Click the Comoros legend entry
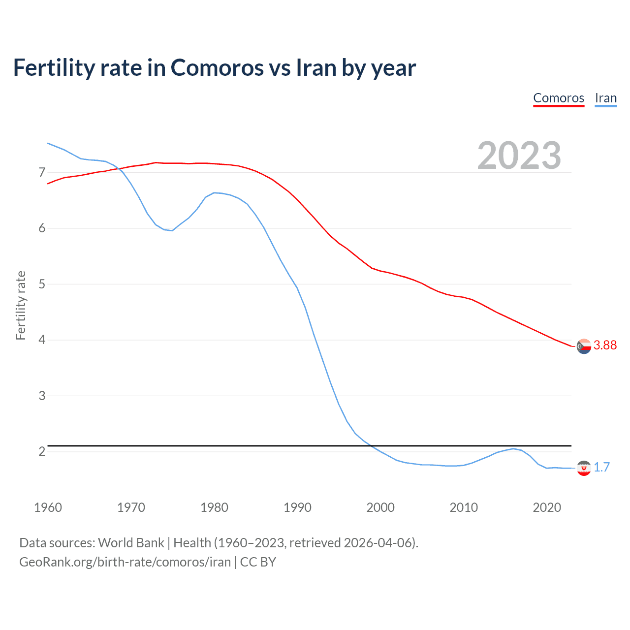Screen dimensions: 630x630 559,98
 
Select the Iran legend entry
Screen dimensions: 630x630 605,98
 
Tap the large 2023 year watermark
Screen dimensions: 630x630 519,156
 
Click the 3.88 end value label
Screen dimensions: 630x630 605,345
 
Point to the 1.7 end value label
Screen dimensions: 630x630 601,467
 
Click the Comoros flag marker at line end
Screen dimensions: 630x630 584,346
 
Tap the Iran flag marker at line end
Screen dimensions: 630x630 584,468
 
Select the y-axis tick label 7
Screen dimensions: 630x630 42,172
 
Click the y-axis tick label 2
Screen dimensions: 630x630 42,451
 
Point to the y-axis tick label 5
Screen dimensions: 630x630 42,284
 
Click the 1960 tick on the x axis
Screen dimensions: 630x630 48,507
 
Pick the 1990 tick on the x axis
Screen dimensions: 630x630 297,507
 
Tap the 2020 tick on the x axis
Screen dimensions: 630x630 547,507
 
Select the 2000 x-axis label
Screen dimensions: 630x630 380,507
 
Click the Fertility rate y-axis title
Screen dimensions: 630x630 21,305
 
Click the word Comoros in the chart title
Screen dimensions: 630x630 217,67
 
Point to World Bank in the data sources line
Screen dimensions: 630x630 131,543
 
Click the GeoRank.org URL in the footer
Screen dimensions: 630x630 125,562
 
